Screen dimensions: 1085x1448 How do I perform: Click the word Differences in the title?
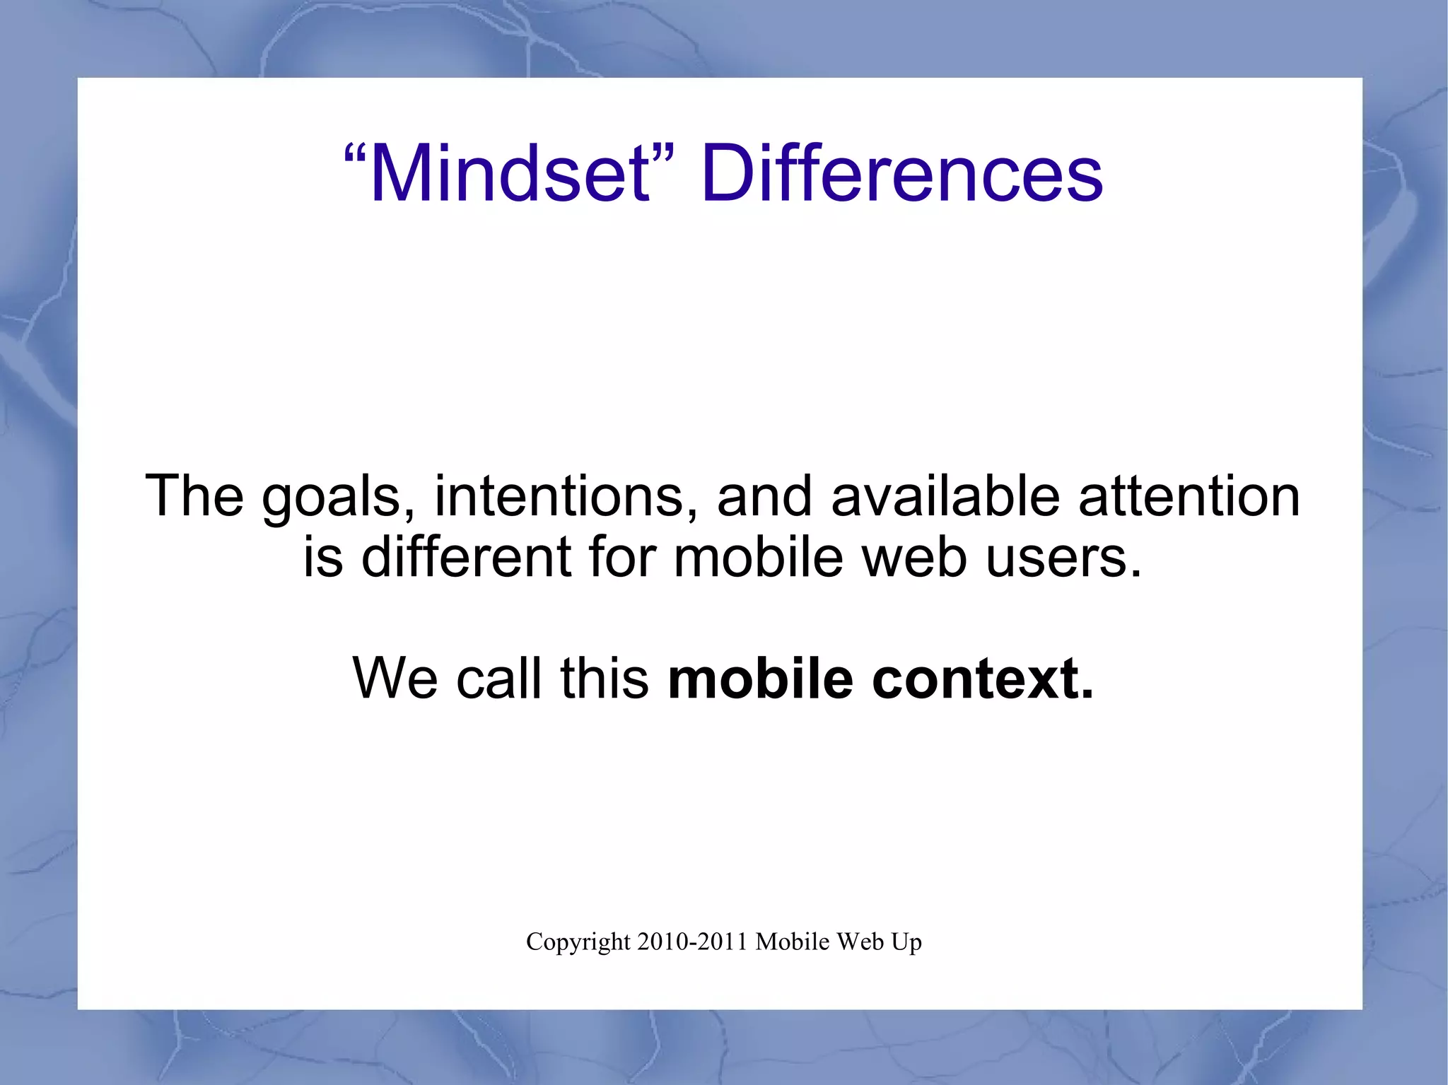click(901, 174)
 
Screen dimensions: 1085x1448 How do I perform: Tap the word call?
click(503, 678)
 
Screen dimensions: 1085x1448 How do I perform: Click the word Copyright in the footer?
click(578, 942)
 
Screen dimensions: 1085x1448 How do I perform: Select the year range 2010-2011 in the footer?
click(692, 942)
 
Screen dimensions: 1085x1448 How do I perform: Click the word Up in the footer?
click(907, 942)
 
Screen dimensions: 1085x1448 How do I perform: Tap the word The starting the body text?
click(194, 496)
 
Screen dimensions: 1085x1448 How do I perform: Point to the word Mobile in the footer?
click(792, 942)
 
